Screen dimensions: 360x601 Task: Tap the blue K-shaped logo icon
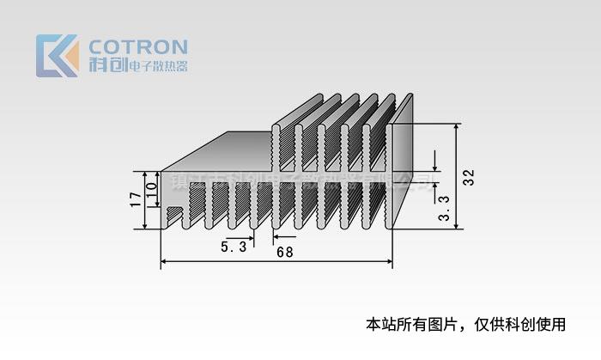coord(58,56)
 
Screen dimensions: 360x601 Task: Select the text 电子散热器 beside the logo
coord(157,66)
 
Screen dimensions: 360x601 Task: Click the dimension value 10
coord(152,190)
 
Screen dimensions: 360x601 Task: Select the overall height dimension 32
coord(469,177)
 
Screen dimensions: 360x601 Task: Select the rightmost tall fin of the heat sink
coord(401,172)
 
